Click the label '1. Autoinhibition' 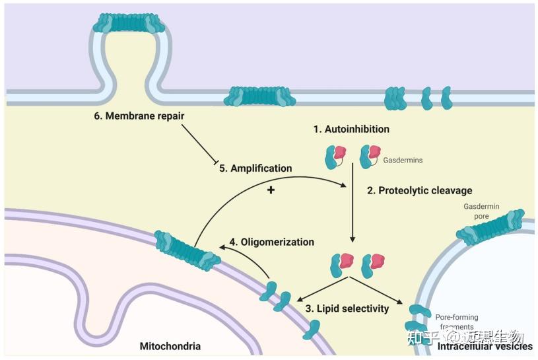point(351,129)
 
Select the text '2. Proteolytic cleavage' point(420,190)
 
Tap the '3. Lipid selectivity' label point(347,308)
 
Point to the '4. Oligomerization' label point(272,242)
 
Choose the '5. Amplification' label point(255,168)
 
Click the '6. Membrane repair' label point(139,116)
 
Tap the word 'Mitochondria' point(170,346)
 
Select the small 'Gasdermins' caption point(403,161)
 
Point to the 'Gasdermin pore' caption point(481,211)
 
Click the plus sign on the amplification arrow point(270,190)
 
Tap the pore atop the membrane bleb point(128,23)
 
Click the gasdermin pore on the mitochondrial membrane point(187,250)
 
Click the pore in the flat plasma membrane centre point(259,96)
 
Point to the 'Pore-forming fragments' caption point(457,322)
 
